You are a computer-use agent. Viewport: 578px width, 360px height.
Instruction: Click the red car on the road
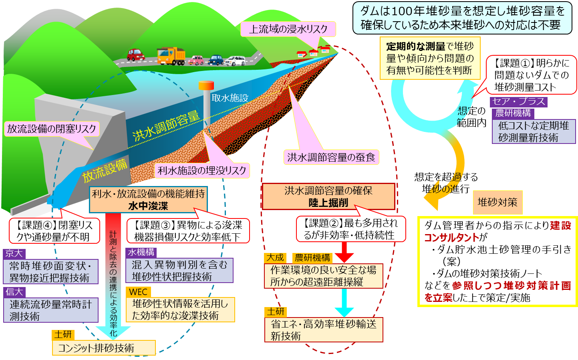pos(136,55)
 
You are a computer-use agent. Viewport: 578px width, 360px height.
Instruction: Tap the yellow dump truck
pos(171,56)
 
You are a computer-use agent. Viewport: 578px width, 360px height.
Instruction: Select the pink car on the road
pos(196,60)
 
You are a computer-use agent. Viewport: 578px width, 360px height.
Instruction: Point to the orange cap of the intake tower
pos(206,85)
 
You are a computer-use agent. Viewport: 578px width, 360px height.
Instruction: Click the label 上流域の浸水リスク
pos(288,29)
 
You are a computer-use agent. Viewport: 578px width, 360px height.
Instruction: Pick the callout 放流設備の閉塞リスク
pos(52,129)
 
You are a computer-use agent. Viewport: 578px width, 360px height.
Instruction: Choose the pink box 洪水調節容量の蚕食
pos(331,157)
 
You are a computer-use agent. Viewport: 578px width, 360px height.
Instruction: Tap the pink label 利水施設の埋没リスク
pos(202,170)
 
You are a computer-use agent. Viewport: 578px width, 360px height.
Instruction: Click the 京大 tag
pos(14,254)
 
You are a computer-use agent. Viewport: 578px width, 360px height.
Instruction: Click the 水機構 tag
pos(141,252)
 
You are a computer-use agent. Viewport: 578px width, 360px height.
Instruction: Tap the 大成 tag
pos(275,258)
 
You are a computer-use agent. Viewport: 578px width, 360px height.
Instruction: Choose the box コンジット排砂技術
pos(104,348)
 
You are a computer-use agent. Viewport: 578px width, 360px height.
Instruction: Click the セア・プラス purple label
pos(518,102)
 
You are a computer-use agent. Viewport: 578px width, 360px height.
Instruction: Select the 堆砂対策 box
pos(497,202)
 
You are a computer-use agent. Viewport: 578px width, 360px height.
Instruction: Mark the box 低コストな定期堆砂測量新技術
pos(534,131)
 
